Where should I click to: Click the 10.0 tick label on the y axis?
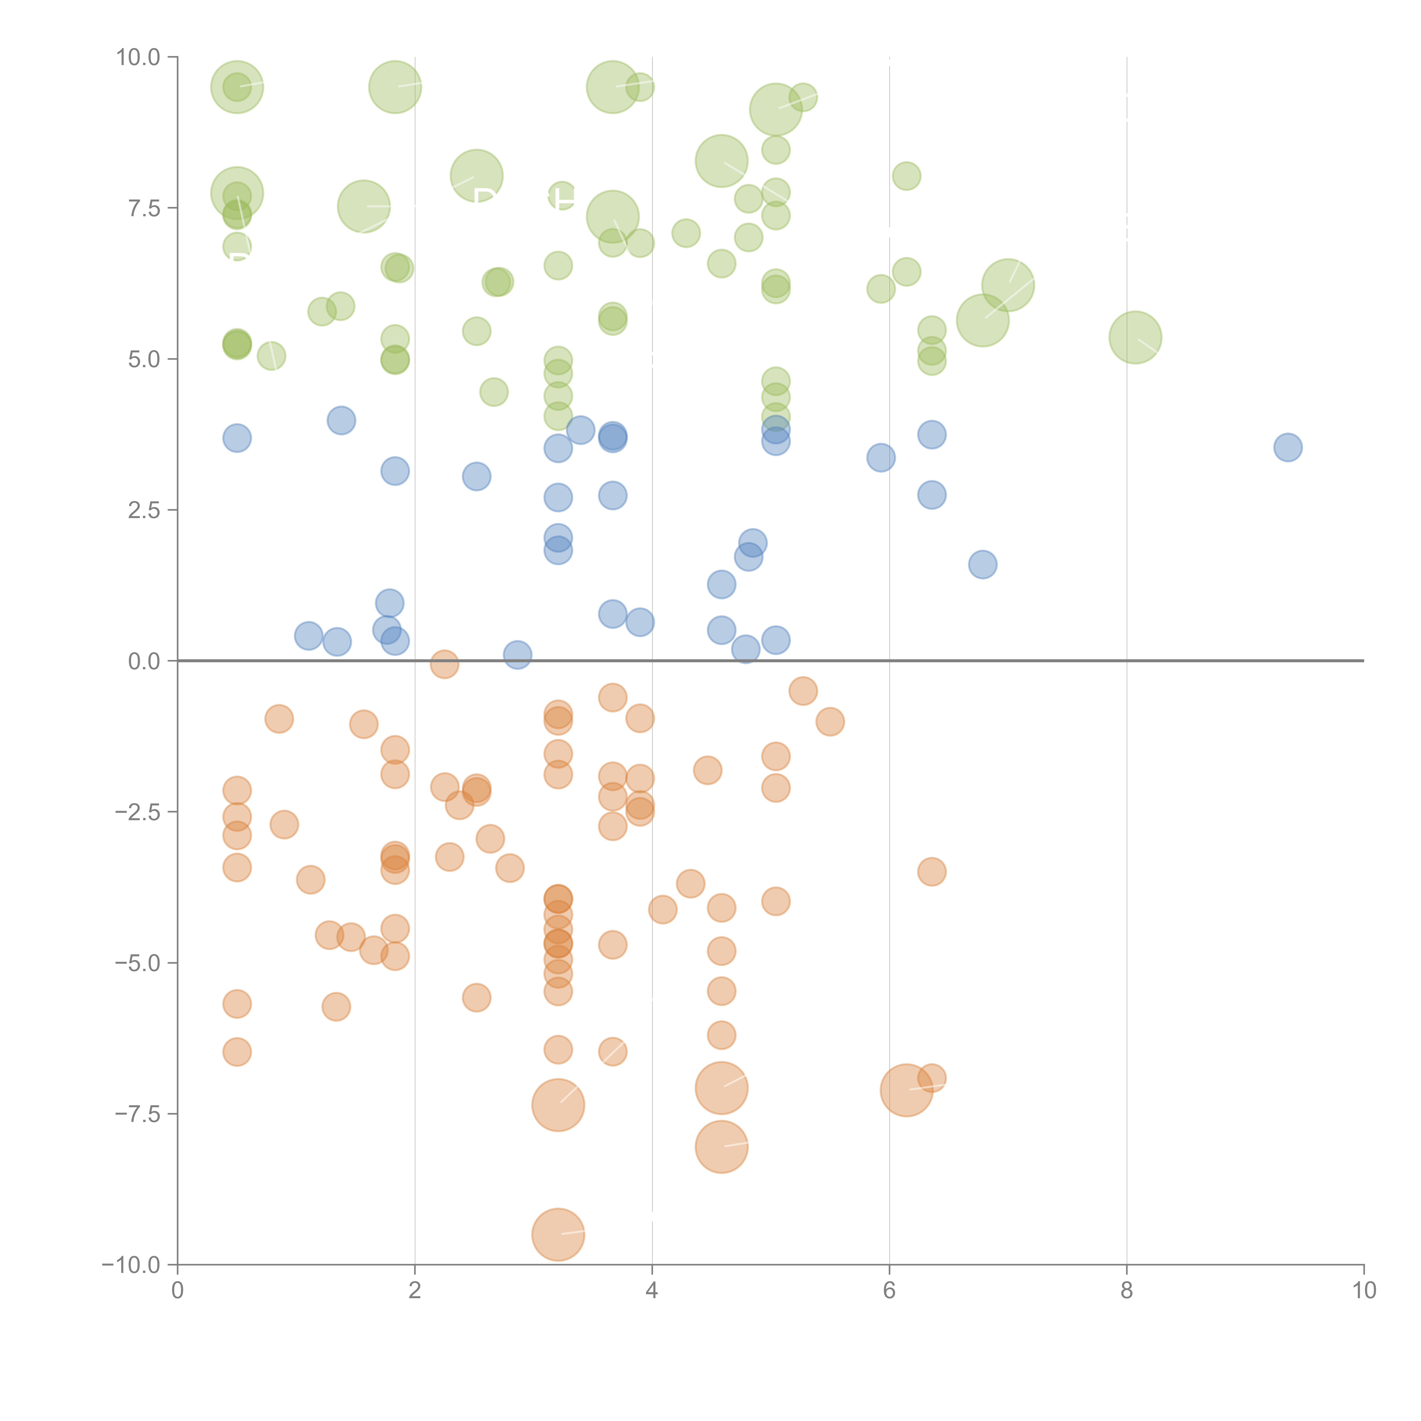coord(138,57)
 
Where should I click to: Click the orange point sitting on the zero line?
coord(444,664)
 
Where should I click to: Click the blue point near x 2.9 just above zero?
coord(518,655)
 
